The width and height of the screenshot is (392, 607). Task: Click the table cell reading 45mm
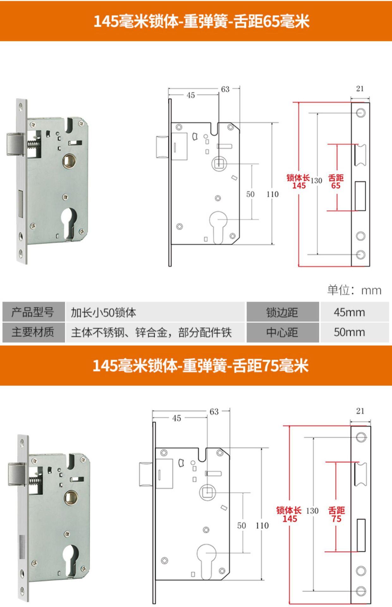click(349, 312)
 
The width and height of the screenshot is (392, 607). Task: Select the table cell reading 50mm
click(349, 332)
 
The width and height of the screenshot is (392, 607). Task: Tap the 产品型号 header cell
click(33, 312)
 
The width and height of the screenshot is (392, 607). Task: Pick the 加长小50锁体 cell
click(103, 313)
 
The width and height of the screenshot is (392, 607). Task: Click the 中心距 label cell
click(282, 332)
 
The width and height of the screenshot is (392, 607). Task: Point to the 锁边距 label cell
click(282, 312)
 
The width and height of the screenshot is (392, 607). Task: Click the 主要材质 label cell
click(33, 332)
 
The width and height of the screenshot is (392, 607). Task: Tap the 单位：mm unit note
click(354, 290)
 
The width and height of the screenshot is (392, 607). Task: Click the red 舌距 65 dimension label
click(336, 182)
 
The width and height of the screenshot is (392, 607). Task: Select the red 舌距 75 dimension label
click(336, 515)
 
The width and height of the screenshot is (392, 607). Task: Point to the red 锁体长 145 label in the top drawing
click(298, 181)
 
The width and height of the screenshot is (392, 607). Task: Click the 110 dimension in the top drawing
click(272, 194)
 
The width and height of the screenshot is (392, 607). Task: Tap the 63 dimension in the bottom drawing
click(214, 412)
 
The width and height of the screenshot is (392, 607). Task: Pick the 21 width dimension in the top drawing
click(360, 89)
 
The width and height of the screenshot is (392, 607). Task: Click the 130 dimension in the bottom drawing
click(312, 511)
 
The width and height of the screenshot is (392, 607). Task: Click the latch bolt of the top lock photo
click(15, 144)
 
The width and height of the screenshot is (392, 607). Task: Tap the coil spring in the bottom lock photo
click(35, 480)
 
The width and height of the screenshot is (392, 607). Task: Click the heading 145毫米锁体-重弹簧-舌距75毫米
click(200, 366)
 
